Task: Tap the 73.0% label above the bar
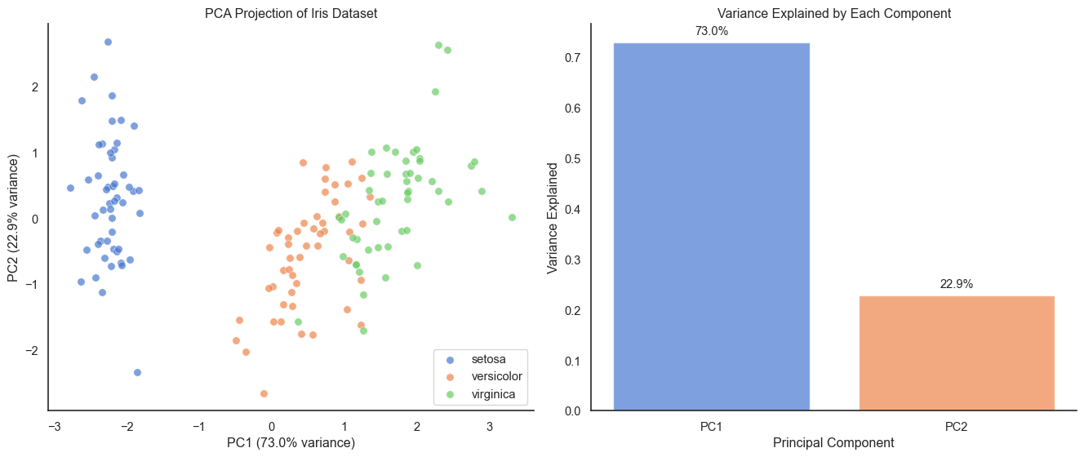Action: (x=711, y=31)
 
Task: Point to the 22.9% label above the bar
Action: (x=957, y=284)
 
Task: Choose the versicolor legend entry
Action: (x=496, y=377)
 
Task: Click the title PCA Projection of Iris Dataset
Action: (x=291, y=13)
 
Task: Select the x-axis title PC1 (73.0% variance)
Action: (x=291, y=443)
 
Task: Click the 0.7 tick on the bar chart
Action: (x=571, y=58)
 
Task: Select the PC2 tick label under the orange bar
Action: (x=957, y=426)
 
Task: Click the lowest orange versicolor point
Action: (x=264, y=393)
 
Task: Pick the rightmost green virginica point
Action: (x=512, y=217)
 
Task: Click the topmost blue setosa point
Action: (x=108, y=42)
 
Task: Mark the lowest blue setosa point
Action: (x=137, y=372)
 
